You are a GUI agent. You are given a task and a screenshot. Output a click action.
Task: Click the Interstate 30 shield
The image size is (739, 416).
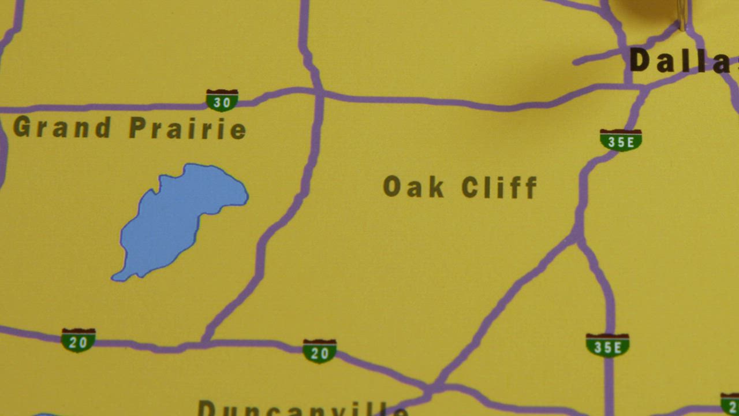click(222, 101)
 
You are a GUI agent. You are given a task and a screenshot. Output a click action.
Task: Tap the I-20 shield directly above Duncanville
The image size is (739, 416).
click(319, 351)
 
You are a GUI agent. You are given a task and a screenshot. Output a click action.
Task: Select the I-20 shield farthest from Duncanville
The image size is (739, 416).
click(78, 340)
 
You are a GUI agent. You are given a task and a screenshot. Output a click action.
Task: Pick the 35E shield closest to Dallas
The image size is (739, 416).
click(621, 140)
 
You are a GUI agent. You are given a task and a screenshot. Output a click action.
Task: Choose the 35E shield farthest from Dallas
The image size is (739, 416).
click(607, 345)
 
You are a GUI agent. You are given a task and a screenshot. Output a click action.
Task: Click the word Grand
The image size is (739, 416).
click(62, 127)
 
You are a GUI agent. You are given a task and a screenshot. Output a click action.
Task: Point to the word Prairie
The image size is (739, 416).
click(188, 128)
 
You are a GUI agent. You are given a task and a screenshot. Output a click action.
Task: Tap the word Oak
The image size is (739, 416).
click(413, 187)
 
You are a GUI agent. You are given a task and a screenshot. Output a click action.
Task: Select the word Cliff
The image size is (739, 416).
click(499, 187)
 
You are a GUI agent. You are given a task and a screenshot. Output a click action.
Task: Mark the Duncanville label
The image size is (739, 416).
click(303, 407)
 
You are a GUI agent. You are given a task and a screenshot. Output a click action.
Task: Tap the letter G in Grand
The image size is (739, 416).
click(21, 127)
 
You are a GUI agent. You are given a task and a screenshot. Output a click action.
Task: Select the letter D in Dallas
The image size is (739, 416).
click(640, 60)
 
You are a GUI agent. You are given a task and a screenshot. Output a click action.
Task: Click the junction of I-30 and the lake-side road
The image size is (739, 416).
click(319, 92)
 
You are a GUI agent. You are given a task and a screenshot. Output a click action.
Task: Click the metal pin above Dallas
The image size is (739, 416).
click(682, 14)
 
